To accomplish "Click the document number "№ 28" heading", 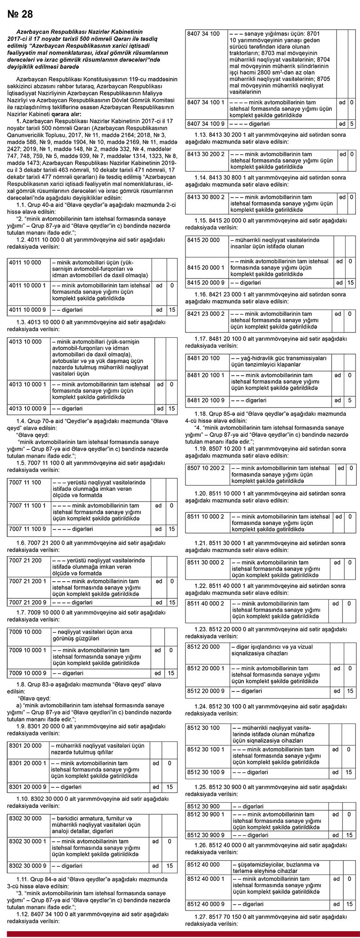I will coord(21,14).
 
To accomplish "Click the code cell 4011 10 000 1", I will coord(27,286).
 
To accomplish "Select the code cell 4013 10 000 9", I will coord(27,408).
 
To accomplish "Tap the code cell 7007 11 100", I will coord(25,483).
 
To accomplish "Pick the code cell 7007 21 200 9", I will coord(27,602).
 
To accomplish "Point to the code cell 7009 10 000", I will coord(25,632).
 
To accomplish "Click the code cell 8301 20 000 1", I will coord(27,763).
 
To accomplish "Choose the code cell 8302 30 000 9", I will coord(27,866).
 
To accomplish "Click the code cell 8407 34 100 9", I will coord(206,123).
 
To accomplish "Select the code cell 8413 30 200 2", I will coord(206,154).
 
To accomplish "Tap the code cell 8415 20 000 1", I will coord(206,267).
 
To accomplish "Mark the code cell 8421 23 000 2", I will coord(206,314).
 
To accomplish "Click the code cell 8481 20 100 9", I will coord(206,400).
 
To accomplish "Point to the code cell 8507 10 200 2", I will coord(206,468).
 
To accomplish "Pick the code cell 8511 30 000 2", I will coord(206,562).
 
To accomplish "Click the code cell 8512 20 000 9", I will coord(206,691).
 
